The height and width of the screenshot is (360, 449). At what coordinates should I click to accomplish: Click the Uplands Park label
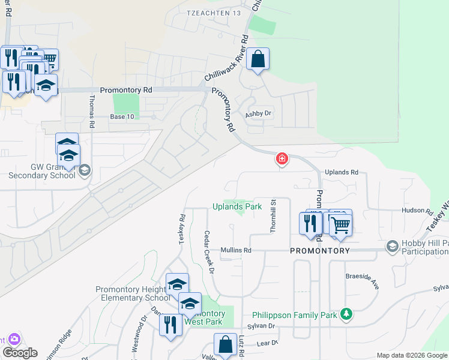[237, 206]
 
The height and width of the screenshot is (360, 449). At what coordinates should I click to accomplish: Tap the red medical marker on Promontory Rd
[281, 159]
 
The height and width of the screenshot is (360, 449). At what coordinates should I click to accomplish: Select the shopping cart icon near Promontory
[340, 224]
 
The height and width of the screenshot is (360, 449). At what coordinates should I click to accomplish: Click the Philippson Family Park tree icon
[346, 313]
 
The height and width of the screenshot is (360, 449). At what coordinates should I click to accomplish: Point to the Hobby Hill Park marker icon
[392, 246]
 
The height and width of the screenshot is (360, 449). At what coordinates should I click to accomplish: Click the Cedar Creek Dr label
[208, 252]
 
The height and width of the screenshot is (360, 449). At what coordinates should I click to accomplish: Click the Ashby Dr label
[259, 113]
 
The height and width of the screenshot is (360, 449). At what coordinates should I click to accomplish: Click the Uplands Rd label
[341, 172]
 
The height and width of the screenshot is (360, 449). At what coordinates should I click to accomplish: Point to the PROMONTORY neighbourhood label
[320, 251]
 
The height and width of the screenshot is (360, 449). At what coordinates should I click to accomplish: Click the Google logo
[20, 353]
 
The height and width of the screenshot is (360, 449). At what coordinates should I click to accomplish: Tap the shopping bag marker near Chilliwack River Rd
[258, 59]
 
